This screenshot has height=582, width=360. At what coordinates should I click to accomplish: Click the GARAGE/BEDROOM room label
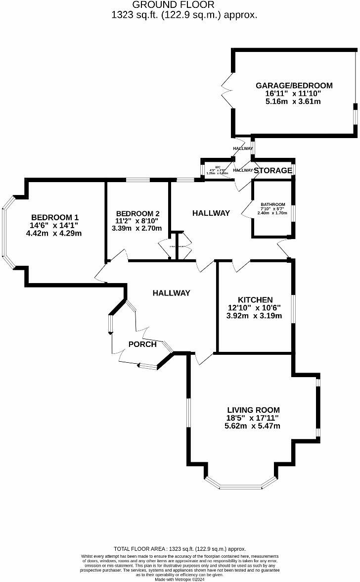(294, 86)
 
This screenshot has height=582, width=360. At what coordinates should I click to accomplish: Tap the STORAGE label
(273, 170)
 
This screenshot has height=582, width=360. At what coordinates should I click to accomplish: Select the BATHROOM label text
(273, 204)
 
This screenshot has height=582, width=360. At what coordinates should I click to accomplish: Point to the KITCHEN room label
(255, 300)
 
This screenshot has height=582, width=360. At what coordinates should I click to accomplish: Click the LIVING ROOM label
(253, 410)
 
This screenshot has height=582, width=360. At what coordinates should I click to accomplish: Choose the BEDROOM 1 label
(55, 217)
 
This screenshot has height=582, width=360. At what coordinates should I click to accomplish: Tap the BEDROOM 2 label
(138, 213)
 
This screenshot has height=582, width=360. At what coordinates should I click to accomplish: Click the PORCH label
(142, 344)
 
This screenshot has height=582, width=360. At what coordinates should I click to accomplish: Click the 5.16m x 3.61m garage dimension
(293, 101)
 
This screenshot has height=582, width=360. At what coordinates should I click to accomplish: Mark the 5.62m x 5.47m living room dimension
(253, 426)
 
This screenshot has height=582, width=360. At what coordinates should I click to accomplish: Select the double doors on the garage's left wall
(228, 90)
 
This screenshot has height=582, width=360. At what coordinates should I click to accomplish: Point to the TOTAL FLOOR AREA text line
(180, 549)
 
